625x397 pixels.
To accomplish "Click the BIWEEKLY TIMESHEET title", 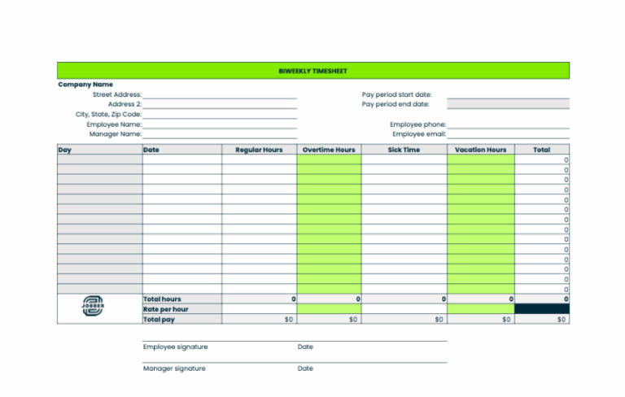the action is (312, 72).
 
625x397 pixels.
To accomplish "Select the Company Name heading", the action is (85, 85).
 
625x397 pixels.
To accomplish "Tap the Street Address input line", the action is (219, 95).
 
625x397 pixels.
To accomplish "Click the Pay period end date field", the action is (508, 104).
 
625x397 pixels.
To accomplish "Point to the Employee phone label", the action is (417, 124).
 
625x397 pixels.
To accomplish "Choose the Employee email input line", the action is (508, 134).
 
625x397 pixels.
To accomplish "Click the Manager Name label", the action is (115, 134).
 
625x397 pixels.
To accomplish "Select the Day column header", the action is (65, 150).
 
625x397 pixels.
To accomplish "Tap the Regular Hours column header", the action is (259, 150).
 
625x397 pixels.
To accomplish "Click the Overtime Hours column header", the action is (329, 150).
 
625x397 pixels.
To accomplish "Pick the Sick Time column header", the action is (404, 150).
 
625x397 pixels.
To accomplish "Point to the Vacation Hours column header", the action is (480, 150).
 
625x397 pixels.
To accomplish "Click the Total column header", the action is (541, 150).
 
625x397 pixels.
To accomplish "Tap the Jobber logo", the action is (93, 307).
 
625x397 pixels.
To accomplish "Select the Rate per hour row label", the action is (165, 309).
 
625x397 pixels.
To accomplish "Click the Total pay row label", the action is (159, 320).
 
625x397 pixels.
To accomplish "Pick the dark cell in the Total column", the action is (541, 309).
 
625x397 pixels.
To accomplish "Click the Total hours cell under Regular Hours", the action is (259, 299).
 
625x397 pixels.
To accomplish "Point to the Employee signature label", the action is (175, 347).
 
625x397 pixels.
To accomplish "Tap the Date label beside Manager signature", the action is (305, 369).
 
